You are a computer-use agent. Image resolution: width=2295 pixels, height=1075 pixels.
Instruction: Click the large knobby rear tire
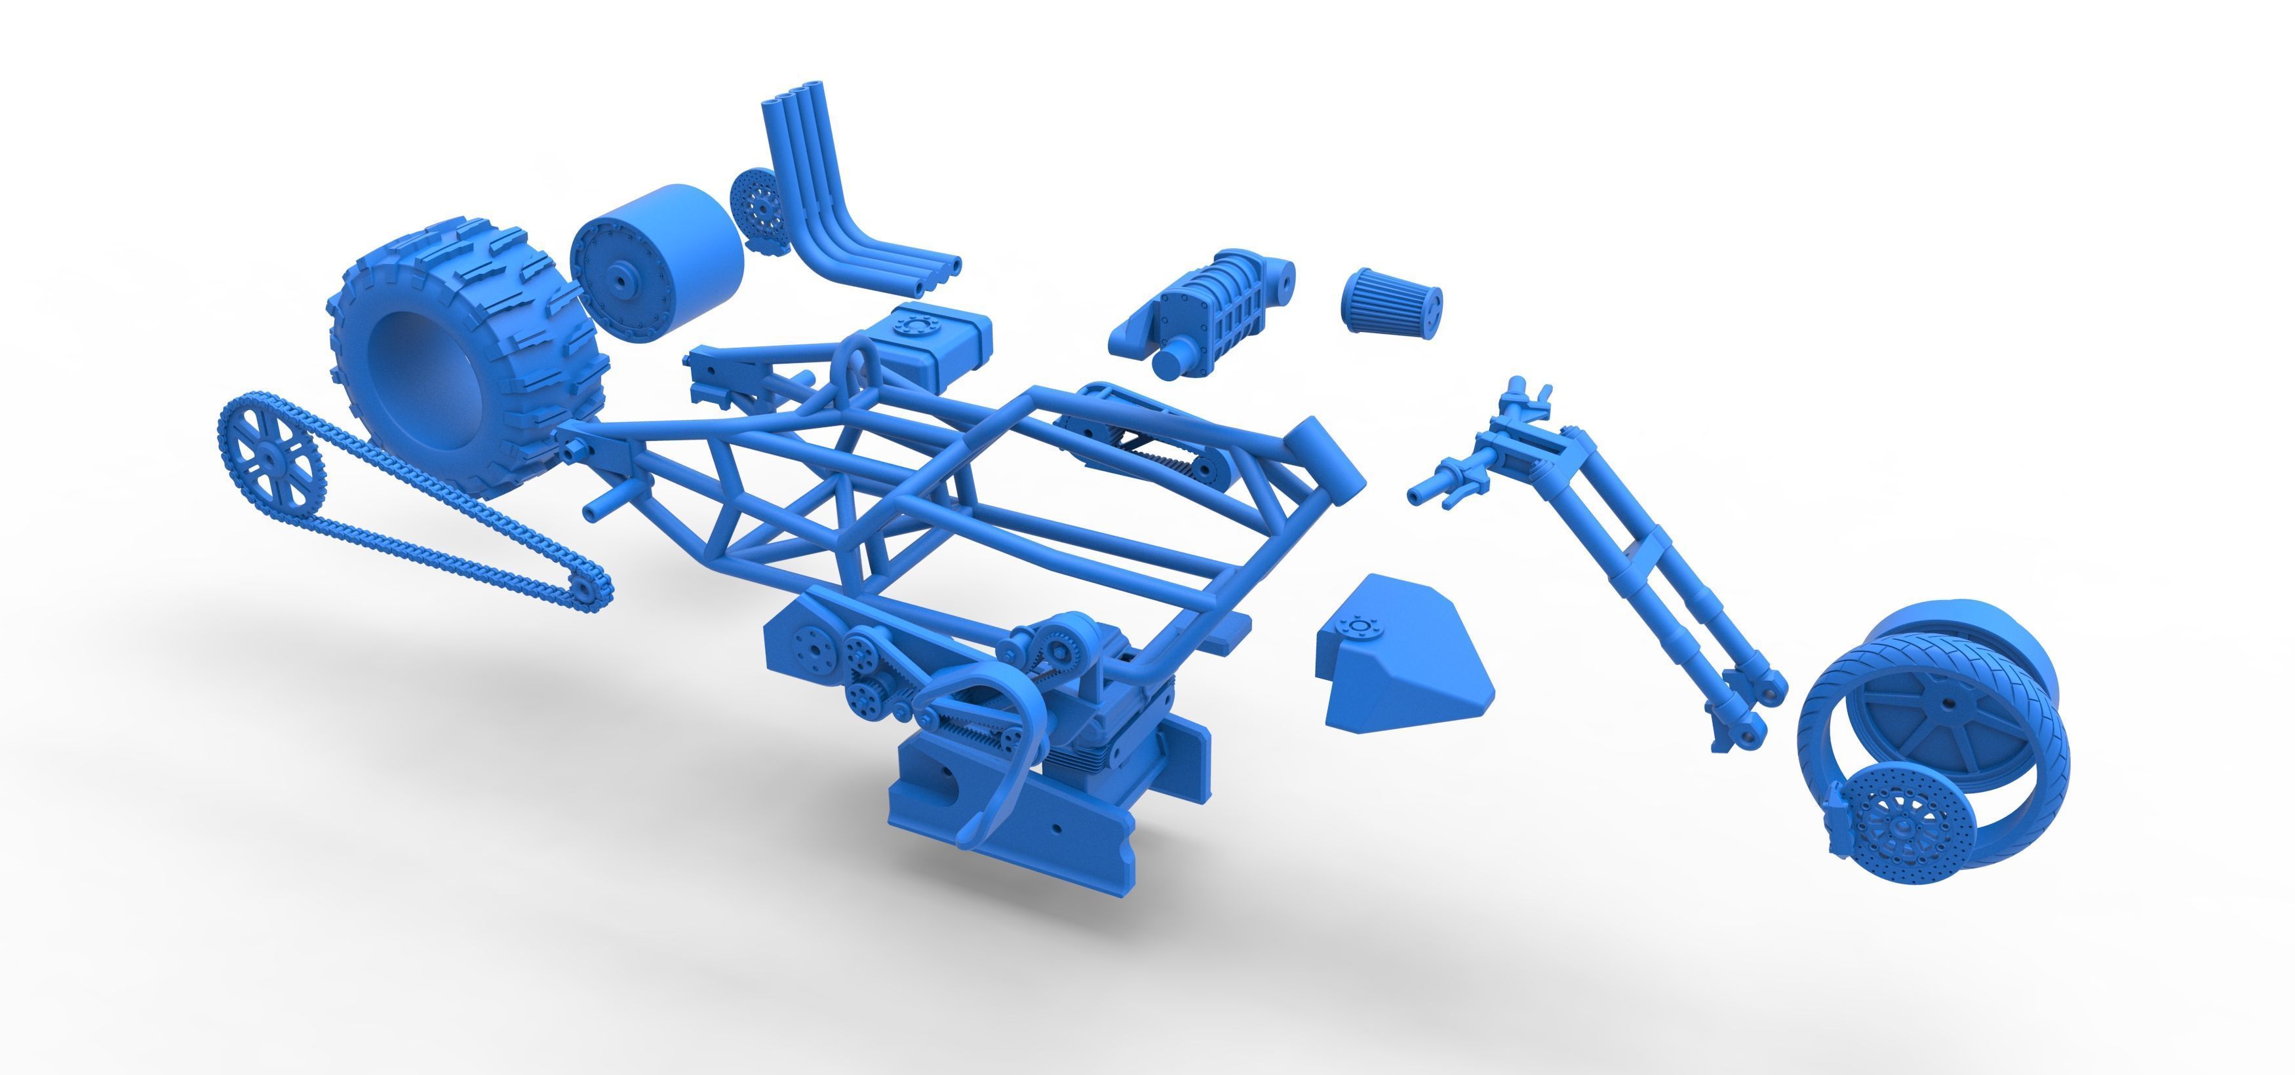click(x=463, y=347)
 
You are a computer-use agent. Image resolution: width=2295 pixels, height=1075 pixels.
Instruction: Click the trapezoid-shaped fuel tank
click(x=1399, y=654)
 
